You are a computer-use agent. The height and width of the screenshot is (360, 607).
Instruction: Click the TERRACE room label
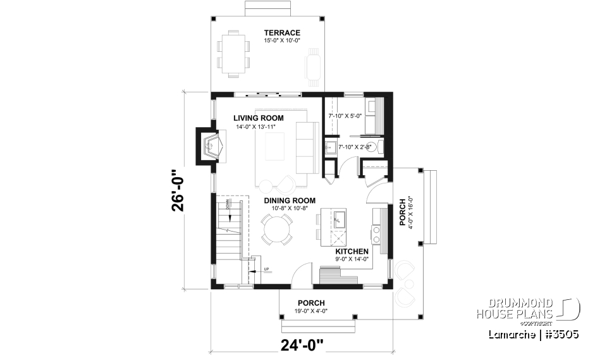(x=282, y=33)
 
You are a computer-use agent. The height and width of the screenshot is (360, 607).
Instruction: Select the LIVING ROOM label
(x=258, y=118)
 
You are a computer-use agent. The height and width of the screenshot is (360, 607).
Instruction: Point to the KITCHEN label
(x=352, y=251)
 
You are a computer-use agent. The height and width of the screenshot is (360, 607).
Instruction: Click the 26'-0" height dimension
(x=178, y=189)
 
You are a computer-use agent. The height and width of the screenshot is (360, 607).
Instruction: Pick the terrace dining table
(x=233, y=53)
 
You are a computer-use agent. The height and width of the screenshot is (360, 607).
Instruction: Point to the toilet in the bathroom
(x=373, y=147)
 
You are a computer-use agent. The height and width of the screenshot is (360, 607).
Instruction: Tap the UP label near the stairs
(x=266, y=270)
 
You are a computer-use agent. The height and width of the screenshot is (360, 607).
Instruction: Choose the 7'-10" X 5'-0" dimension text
(x=344, y=116)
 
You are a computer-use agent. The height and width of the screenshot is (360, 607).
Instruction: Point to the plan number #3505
(x=560, y=333)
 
